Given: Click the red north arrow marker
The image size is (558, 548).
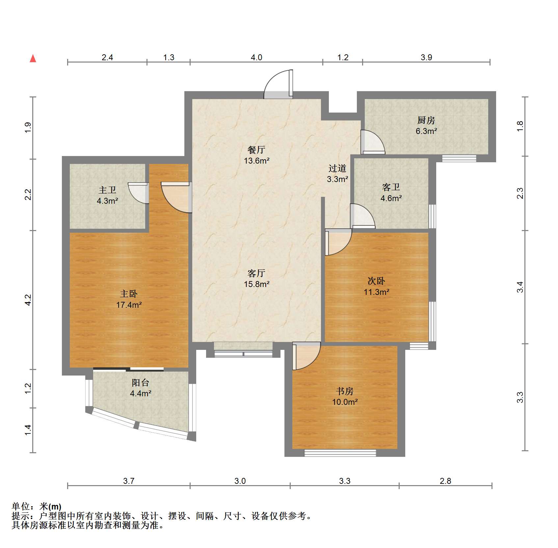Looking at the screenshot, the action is pos(33,59).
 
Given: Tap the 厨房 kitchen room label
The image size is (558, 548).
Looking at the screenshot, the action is pos(426,120).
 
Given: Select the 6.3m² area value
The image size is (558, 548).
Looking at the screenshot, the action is pos(426,131).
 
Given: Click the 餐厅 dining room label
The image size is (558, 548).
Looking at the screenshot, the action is pos(256,150).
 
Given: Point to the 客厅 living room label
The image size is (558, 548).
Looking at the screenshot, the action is pos(256,273).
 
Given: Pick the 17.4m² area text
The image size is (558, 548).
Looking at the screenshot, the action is pos(129,305).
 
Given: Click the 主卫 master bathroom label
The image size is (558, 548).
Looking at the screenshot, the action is pos(107,190).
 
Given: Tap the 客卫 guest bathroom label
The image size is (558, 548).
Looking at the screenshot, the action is pos(391,187).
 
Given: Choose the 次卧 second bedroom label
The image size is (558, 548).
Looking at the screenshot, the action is pos(376,281).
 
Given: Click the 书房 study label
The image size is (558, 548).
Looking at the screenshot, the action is pos(345,391).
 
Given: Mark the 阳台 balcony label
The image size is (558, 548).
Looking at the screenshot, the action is pos(141,382).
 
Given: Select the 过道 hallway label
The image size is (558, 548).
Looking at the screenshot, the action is pos(337,169).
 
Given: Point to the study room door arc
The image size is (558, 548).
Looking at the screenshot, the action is pos(313,362).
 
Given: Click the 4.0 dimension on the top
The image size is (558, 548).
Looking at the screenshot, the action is pos(256,57).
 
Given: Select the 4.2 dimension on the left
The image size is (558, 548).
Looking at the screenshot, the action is pos(28,300).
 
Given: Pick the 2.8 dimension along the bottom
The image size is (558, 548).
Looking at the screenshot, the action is pos(445,481).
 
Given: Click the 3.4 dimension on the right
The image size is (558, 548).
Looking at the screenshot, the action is pos(520,287).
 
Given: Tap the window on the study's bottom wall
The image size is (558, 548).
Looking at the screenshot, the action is pos(340,453).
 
